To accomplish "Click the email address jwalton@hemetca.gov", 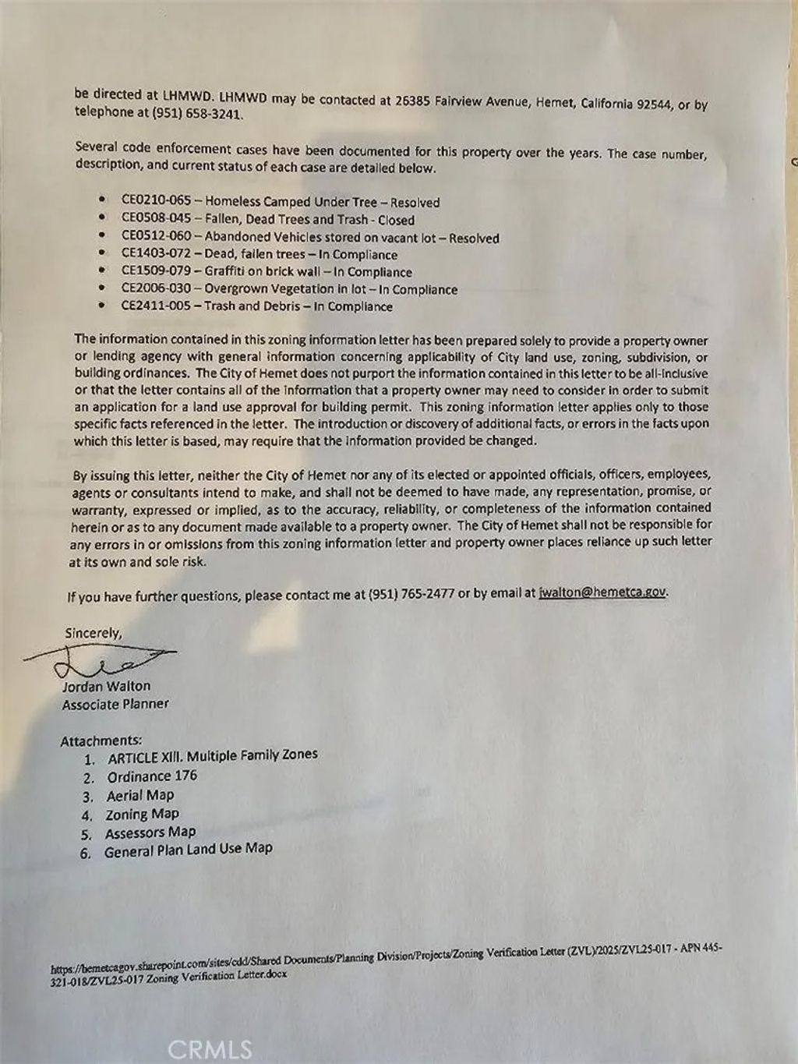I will pos(602,592).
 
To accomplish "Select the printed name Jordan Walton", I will pos(106,686).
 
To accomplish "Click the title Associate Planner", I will pos(115,704).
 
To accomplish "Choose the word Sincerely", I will pos(93,633).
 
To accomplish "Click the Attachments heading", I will pos(101,741).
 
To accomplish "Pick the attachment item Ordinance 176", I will pos(152,776).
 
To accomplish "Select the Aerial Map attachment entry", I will pos(140,795).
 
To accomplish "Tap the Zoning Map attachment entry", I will pos(142,814).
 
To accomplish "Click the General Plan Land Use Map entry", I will pos(189,849).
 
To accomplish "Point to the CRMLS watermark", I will pos(210,1049).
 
